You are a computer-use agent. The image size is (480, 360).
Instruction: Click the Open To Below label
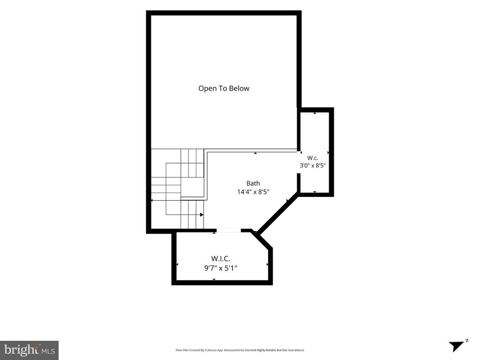coord(224,89)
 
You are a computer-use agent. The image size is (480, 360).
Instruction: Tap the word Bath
coord(253,183)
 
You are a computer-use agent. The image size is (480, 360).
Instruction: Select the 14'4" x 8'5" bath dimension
coord(253,192)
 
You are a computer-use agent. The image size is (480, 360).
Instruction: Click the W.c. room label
coord(313,158)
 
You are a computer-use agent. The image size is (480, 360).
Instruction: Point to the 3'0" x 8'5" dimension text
coord(313,165)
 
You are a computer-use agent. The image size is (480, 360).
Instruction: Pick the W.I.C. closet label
coord(220,259)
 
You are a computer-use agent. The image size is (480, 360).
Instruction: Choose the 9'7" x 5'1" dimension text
coord(221,268)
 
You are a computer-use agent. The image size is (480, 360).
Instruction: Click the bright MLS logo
coord(30,350)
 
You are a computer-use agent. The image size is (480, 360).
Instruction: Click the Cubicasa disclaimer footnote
coord(240,350)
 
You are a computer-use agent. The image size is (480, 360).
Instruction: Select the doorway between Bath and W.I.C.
coord(229,231)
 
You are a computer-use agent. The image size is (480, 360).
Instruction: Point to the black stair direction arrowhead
coord(202,215)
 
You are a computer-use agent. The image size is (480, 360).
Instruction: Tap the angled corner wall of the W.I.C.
coord(262,240)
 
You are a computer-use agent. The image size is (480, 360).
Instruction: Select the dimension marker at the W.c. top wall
coord(315,113)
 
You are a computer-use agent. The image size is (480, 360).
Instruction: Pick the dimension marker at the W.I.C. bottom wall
coord(214,279)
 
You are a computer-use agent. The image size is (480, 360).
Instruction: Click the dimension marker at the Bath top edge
coord(255,153)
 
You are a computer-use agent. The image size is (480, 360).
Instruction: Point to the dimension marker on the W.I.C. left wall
coord(177,264)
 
